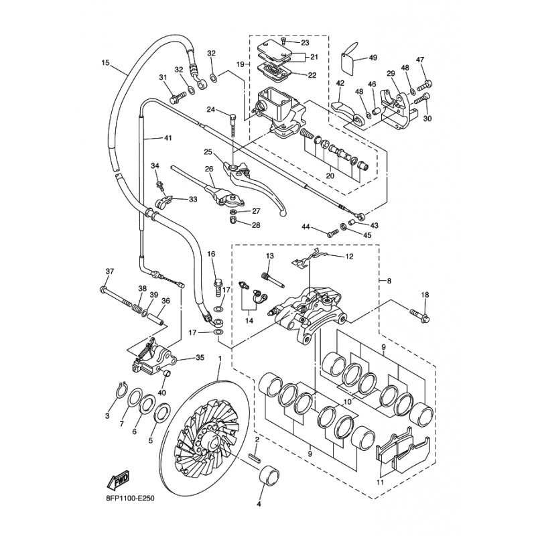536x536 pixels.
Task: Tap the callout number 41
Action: [167, 138]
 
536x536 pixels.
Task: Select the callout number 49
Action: [373, 58]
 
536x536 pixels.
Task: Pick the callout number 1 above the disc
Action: [219, 360]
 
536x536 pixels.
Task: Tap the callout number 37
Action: [110, 271]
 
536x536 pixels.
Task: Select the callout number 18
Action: [424, 293]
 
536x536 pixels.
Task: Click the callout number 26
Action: [208, 169]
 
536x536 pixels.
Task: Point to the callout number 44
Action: [305, 228]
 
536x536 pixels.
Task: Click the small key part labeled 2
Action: [255, 459]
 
